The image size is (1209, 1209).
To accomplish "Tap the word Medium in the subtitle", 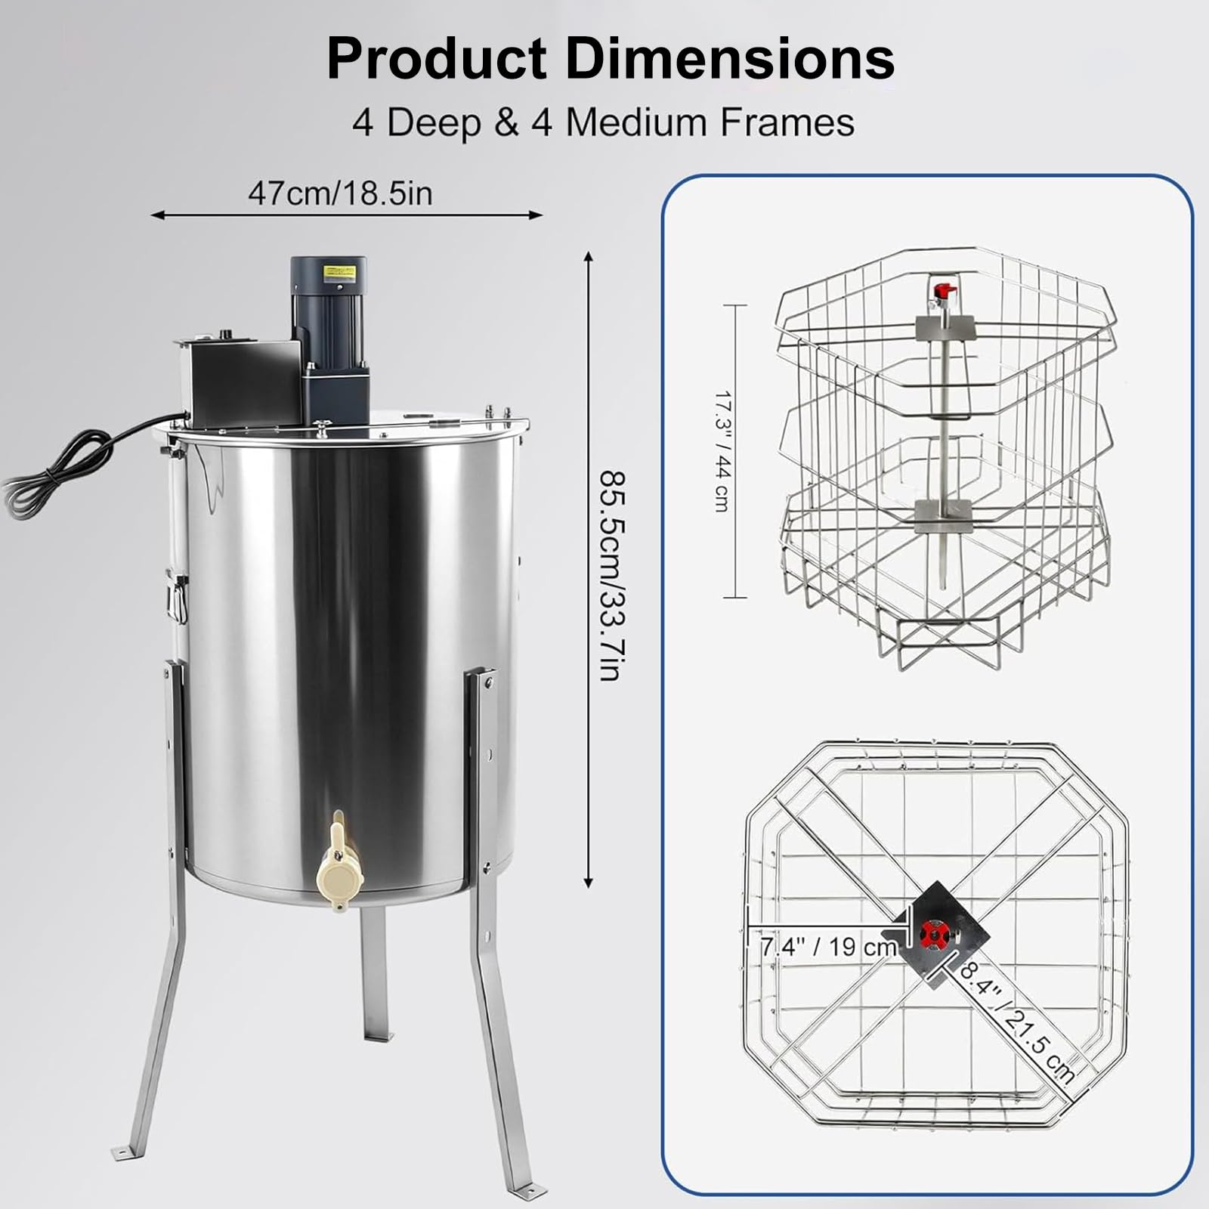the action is (x=634, y=122).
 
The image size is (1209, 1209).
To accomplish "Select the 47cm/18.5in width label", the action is (x=340, y=193).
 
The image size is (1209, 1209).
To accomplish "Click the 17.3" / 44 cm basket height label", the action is (x=722, y=451).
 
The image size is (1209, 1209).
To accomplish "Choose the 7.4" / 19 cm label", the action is (x=829, y=945).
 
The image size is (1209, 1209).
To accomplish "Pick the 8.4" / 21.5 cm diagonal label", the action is (x=1016, y=1020).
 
